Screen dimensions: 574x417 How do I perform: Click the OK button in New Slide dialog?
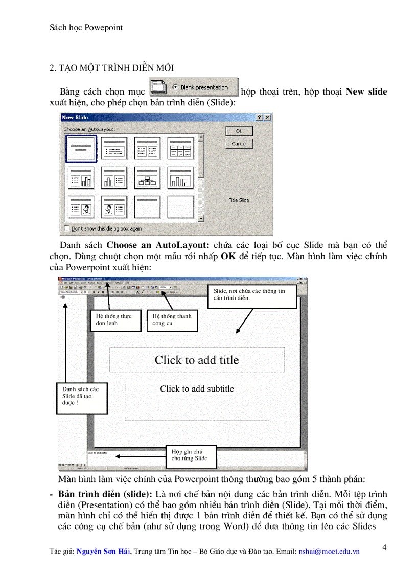point(239,131)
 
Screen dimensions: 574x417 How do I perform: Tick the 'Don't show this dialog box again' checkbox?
point(65,228)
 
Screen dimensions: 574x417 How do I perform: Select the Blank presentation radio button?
point(175,87)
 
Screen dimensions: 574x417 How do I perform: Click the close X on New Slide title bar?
point(268,117)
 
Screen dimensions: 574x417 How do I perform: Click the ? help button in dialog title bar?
point(260,117)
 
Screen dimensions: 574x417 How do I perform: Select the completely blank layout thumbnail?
point(180,207)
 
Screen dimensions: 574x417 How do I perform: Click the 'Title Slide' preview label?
point(239,200)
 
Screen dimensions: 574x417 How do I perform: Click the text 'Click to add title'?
point(197,360)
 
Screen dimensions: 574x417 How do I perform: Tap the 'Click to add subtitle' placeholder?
point(197,389)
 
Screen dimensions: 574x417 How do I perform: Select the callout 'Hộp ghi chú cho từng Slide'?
point(191,455)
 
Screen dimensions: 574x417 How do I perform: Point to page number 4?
point(384,547)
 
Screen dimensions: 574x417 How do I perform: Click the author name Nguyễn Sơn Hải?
point(103,552)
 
